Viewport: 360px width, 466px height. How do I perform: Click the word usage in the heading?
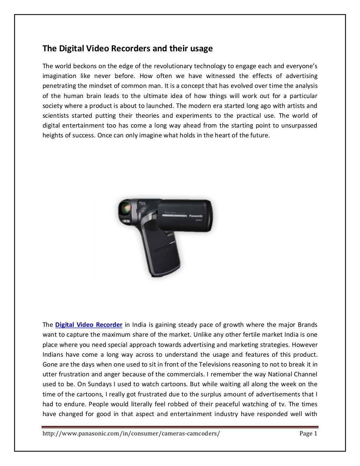point(201,48)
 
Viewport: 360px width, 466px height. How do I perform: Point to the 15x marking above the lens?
point(142,203)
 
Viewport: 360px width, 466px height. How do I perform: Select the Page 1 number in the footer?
point(308,434)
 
